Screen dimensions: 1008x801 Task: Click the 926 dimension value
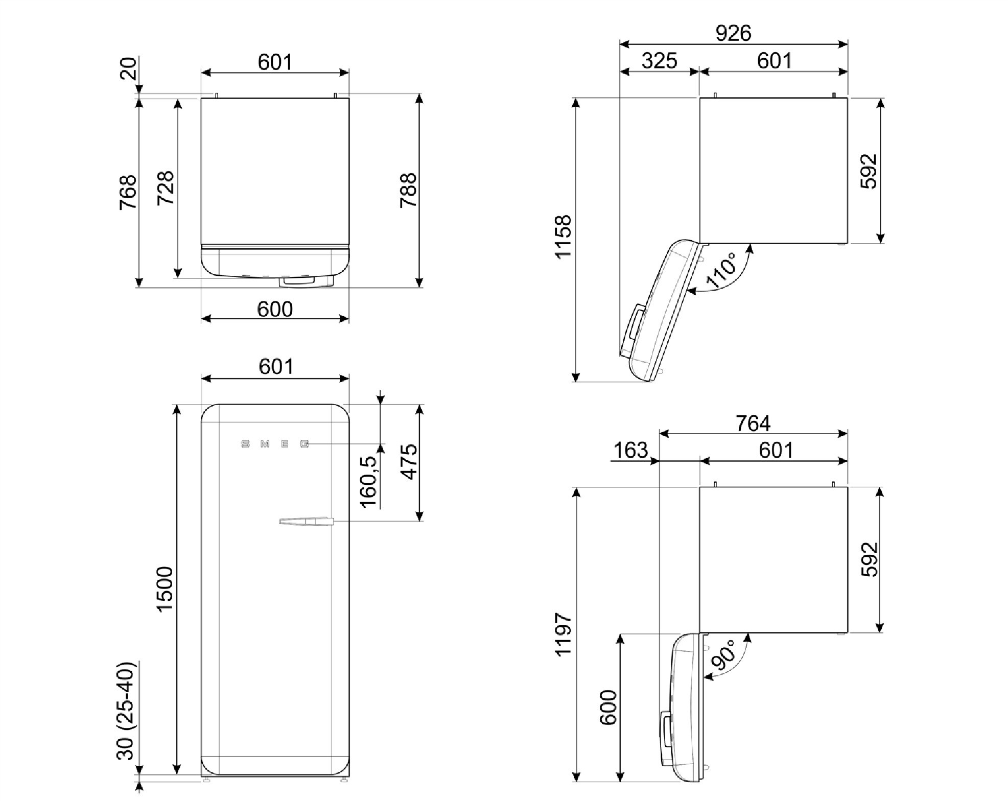[x=733, y=33]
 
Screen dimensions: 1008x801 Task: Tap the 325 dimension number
[x=659, y=61]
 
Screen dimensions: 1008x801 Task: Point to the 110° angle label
[x=721, y=269]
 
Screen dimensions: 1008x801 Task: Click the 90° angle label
[x=722, y=655]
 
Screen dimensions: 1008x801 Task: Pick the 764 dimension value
[x=753, y=423]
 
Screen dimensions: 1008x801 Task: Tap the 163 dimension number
[x=630, y=451]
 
